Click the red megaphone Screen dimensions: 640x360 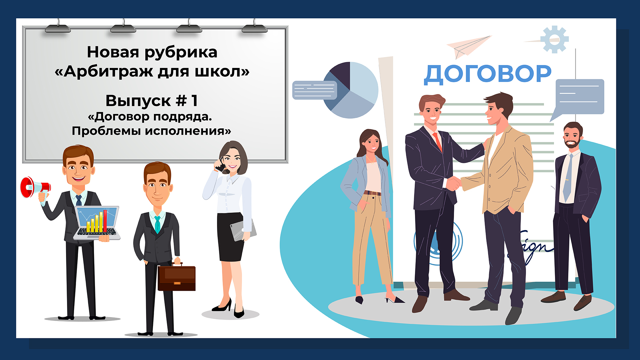click(x=35, y=187)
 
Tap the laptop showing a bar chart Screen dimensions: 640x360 click(x=97, y=223)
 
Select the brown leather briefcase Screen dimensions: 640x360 click(x=177, y=277)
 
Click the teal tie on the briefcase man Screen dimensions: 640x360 click(x=157, y=224)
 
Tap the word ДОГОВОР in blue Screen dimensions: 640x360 click(x=488, y=74)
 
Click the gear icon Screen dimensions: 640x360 click(x=554, y=39)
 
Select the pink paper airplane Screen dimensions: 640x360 click(x=468, y=46)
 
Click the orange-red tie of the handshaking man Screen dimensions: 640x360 click(x=437, y=142)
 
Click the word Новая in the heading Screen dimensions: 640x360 click(x=113, y=52)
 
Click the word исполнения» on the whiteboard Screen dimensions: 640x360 click(x=188, y=131)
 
